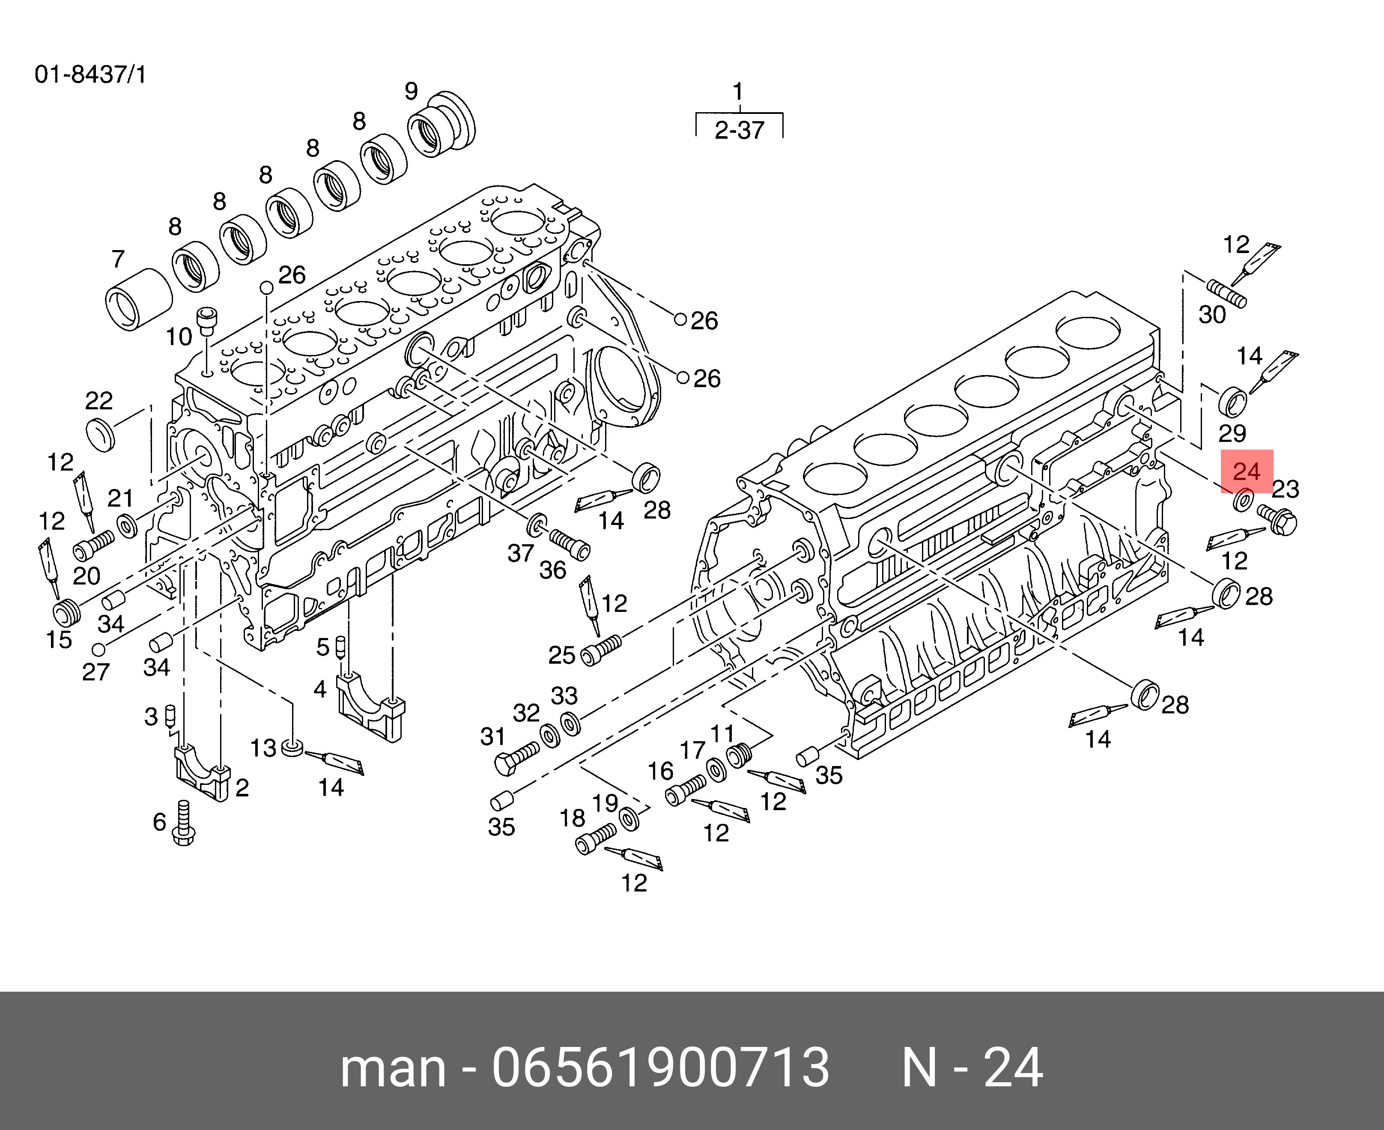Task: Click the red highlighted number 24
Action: click(x=1246, y=471)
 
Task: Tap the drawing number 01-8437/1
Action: click(x=90, y=75)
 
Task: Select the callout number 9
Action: click(x=411, y=91)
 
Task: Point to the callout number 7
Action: click(x=117, y=259)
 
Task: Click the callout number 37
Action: click(x=521, y=553)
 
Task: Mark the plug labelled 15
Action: click(x=66, y=612)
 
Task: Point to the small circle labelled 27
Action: click(x=98, y=649)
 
